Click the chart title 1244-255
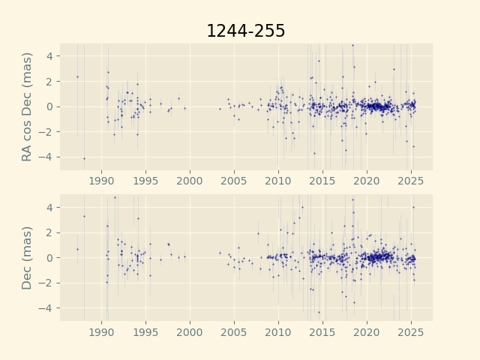coord(245,31)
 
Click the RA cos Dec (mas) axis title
coord(28,106)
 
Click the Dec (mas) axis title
coord(28,257)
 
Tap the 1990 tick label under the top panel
coord(101,181)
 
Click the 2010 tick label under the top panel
coord(278,181)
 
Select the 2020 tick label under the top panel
coord(367,181)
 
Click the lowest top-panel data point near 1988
coord(84,158)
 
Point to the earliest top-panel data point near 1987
coord(77,76)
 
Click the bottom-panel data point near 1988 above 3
coord(84,216)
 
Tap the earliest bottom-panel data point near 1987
coord(77,249)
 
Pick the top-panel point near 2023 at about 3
coord(394,69)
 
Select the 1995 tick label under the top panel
coord(145,181)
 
